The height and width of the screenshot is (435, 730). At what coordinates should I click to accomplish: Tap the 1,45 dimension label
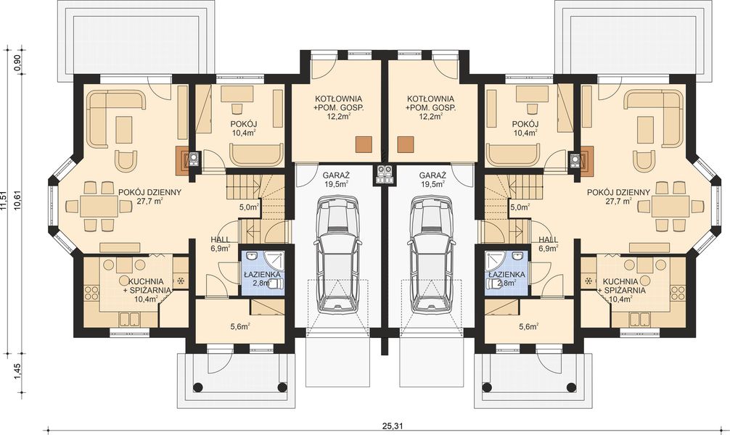click(17, 378)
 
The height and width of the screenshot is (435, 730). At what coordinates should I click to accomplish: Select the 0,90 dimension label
click(17, 62)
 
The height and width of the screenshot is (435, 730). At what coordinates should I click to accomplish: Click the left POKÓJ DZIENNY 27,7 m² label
click(150, 197)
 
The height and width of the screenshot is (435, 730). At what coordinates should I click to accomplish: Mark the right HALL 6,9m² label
click(549, 244)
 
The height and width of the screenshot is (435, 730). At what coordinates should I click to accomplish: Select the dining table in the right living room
click(670, 206)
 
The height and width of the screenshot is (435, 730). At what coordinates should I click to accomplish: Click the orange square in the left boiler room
click(362, 144)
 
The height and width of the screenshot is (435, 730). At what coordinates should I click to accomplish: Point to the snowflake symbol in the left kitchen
click(181, 281)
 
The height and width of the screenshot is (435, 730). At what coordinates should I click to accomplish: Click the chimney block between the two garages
click(384, 173)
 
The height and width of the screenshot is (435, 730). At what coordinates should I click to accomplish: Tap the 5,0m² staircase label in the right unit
click(519, 207)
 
